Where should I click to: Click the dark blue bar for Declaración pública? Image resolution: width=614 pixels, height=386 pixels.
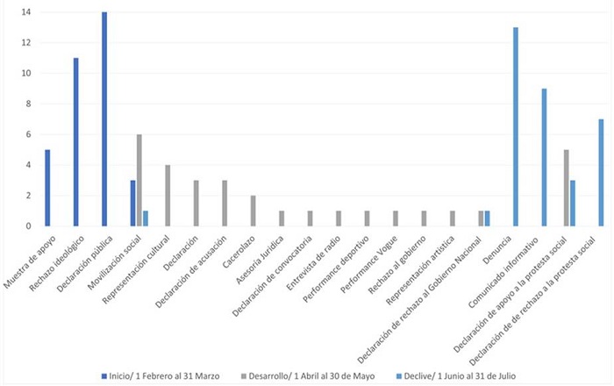tap(104, 119)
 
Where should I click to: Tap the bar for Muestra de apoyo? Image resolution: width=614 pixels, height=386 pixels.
tap(46, 188)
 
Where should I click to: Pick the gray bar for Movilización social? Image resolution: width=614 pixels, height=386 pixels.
tap(139, 180)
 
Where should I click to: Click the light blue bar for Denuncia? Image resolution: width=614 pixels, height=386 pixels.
tap(515, 126)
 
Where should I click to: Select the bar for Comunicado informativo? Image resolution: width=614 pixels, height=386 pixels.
tap(544, 157)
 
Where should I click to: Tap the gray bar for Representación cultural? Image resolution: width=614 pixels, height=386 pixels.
tap(168, 195)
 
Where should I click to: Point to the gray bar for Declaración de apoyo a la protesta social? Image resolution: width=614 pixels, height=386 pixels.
tap(566, 188)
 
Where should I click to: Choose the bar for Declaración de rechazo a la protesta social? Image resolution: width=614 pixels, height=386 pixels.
tap(602, 172)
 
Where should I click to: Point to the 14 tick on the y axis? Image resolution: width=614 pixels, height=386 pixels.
tap(28, 12)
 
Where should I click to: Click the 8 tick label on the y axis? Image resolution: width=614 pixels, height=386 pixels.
tap(29, 104)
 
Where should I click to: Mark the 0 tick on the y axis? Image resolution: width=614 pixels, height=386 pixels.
tap(29, 225)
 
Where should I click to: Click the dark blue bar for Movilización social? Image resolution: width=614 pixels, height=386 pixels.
tap(132, 203)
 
